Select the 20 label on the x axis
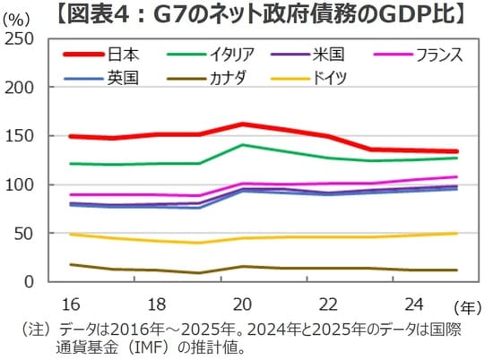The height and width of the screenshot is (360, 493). tap(241, 303)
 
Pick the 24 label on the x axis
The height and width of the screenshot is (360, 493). tap(411, 303)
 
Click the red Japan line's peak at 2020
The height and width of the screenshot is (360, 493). tap(242, 124)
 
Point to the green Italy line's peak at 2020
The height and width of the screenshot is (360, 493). tap(242, 144)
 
